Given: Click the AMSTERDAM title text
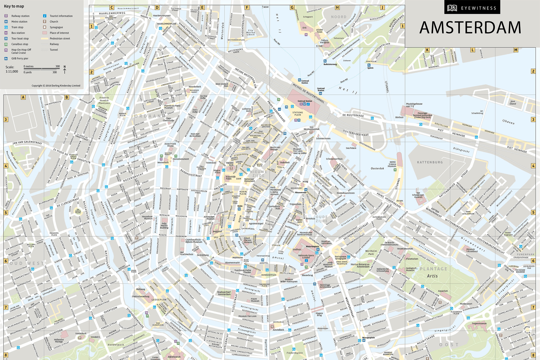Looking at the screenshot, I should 470,28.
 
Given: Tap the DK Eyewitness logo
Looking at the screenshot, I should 472,8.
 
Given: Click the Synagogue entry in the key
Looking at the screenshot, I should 56,27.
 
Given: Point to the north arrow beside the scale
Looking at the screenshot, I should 64,70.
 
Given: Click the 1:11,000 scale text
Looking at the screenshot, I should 12,71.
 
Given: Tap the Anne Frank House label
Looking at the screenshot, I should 170,145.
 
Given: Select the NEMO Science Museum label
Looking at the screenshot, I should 392,164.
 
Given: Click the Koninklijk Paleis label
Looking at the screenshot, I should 230,178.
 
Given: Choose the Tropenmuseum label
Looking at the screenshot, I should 479,323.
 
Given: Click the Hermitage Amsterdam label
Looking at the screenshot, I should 325,286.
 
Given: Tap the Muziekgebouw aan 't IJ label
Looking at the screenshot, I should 414,105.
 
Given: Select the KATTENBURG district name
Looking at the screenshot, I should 430,162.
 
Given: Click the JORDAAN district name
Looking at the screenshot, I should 146,116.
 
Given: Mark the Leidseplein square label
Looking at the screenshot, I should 159,300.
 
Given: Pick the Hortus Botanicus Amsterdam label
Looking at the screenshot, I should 360,265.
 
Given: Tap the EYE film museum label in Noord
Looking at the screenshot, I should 304,28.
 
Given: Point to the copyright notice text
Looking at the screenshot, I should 56,86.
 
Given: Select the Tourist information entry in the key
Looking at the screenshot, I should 61,16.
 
